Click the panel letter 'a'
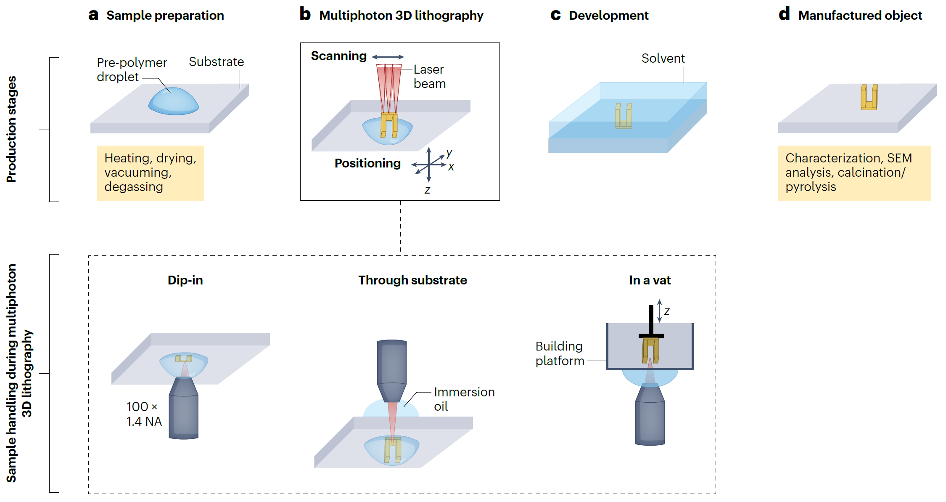click(x=93, y=15)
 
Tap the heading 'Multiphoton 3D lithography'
click(x=401, y=16)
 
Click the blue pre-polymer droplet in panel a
click(x=173, y=102)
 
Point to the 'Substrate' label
click(x=216, y=62)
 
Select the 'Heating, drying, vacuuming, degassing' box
click(x=151, y=173)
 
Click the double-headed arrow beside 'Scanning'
click(x=388, y=57)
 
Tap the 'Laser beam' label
click(x=429, y=77)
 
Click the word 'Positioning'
click(x=367, y=163)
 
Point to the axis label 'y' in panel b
click(x=449, y=152)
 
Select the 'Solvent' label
click(x=663, y=58)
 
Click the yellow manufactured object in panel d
click(x=869, y=98)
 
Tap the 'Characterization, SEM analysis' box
click(x=854, y=173)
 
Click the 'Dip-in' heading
click(x=185, y=280)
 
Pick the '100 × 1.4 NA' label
click(x=144, y=414)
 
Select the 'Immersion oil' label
click(x=464, y=399)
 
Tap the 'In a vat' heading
click(x=650, y=280)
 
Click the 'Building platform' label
click(x=560, y=353)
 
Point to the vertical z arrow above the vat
click(x=660, y=311)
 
